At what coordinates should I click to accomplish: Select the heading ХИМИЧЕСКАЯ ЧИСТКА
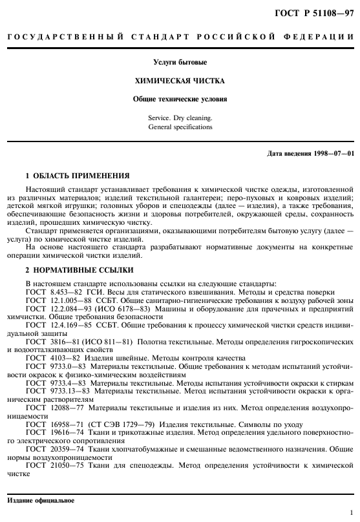(180, 83)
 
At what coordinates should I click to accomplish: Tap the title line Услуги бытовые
(180, 63)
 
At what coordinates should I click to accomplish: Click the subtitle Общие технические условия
(180, 101)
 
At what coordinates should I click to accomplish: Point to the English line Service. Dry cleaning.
(180, 119)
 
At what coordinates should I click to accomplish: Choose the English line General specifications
(180, 127)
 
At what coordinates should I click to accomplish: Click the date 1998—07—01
(334, 153)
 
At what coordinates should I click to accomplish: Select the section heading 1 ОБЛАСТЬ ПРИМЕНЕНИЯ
(78, 176)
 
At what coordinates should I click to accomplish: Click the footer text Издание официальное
(41, 501)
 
